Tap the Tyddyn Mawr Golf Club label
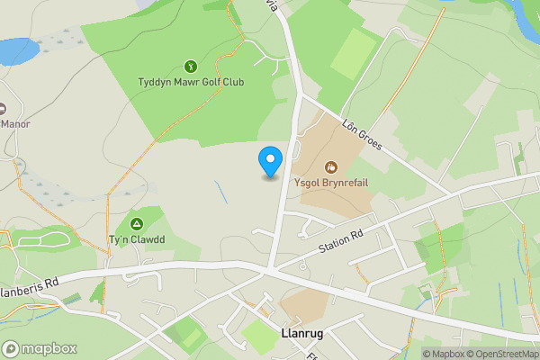pyautogui.click(x=191, y=83)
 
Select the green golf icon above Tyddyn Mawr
pyautogui.click(x=191, y=66)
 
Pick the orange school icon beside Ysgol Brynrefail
pyautogui.click(x=331, y=166)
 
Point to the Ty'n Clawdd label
pyautogui.click(x=137, y=239)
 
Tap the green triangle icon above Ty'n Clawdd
pyautogui.click(x=137, y=223)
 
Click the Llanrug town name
pyautogui.click(x=303, y=333)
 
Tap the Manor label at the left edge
pyautogui.click(x=14, y=123)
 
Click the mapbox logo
pyautogui.click(x=40, y=348)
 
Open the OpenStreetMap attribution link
pyautogui.click(x=506, y=354)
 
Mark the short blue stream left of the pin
pyautogui.click(x=220, y=193)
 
